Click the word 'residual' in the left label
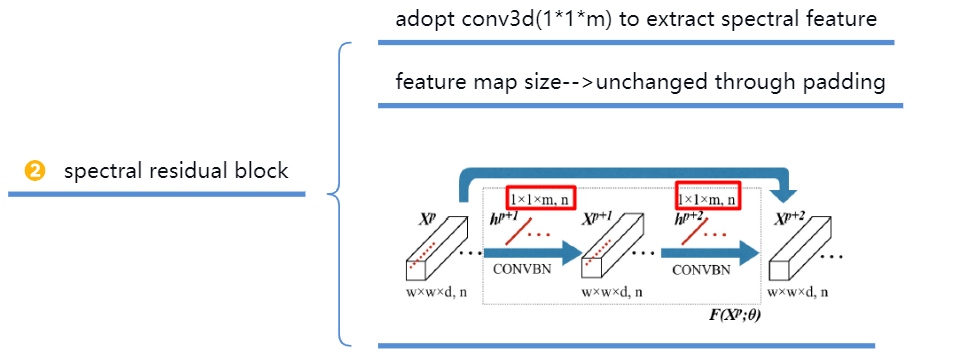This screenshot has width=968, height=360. point(183,170)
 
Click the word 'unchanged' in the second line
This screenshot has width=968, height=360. point(650,82)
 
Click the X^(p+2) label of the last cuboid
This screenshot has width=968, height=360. point(792,218)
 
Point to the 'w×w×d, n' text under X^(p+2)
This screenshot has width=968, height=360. point(806,293)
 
